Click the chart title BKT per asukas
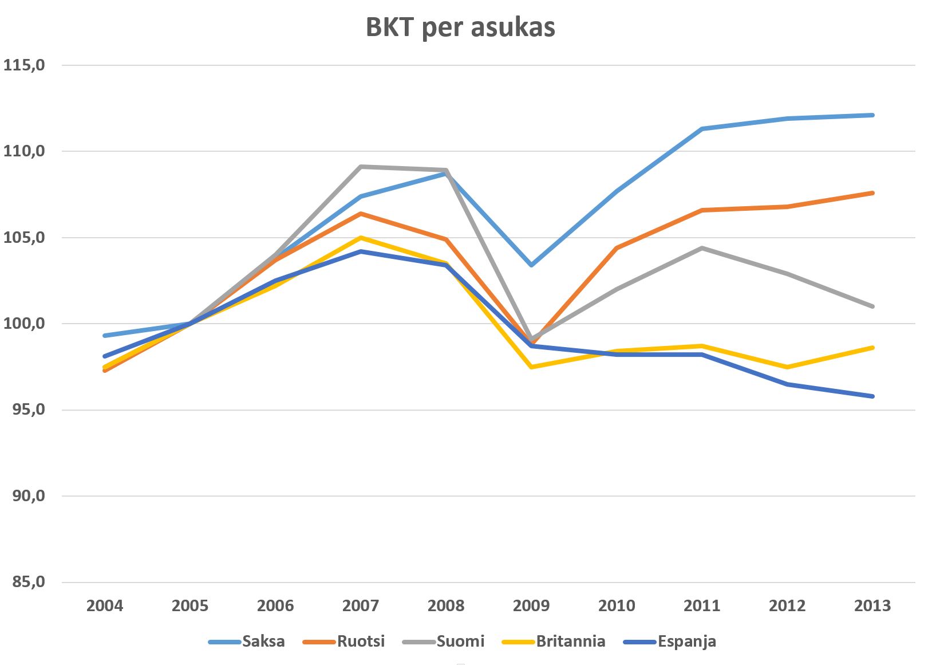pyautogui.click(x=460, y=27)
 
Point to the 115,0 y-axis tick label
pyautogui.click(x=24, y=65)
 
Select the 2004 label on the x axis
pyautogui.click(x=105, y=605)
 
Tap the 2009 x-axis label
pyautogui.click(x=531, y=605)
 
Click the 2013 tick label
pyautogui.click(x=872, y=605)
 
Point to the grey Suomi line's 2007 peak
pyautogui.click(x=361, y=167)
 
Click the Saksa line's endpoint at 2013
pyautogui.click(x=872, y=115)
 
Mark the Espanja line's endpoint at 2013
pyautogui.click(x=872, y=396)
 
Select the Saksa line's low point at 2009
pyautogui.click(x=531, y=265)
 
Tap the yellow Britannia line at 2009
pyautogui.click(x=531, y=367)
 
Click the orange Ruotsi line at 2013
pyautogui.click(x=872, y=193)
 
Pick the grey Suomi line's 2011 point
pyautogui.click(x=702, y=248)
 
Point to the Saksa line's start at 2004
pyautogui.click(x=105, y=336)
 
